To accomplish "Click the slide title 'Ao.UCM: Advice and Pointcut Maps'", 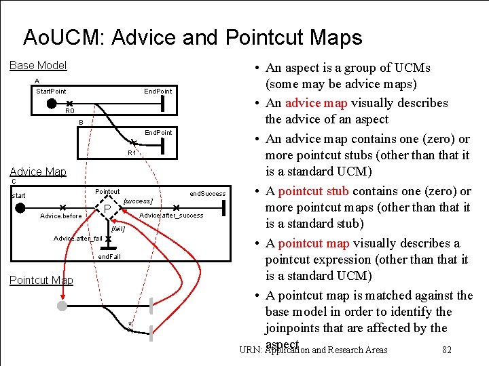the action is (192, 37).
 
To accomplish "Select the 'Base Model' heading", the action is (38, 65).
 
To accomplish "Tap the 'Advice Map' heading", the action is (37, 171).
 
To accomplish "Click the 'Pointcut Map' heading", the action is (41, 280).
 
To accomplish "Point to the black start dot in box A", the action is (52, 104).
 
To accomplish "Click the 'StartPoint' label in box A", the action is (51, 91).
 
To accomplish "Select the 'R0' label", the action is (70, 110).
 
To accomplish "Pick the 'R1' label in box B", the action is (133, 153).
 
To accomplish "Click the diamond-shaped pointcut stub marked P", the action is (107, 207).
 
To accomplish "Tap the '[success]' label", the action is (138, 201).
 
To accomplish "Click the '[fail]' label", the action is (117, 229).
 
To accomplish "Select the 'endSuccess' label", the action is (207, 194).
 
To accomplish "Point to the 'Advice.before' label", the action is (61, 216).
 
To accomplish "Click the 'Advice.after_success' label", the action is (170, 216).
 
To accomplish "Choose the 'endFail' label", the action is (109, 258).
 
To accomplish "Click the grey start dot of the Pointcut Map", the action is (62, 306).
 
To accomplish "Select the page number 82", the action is (446, 350).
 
